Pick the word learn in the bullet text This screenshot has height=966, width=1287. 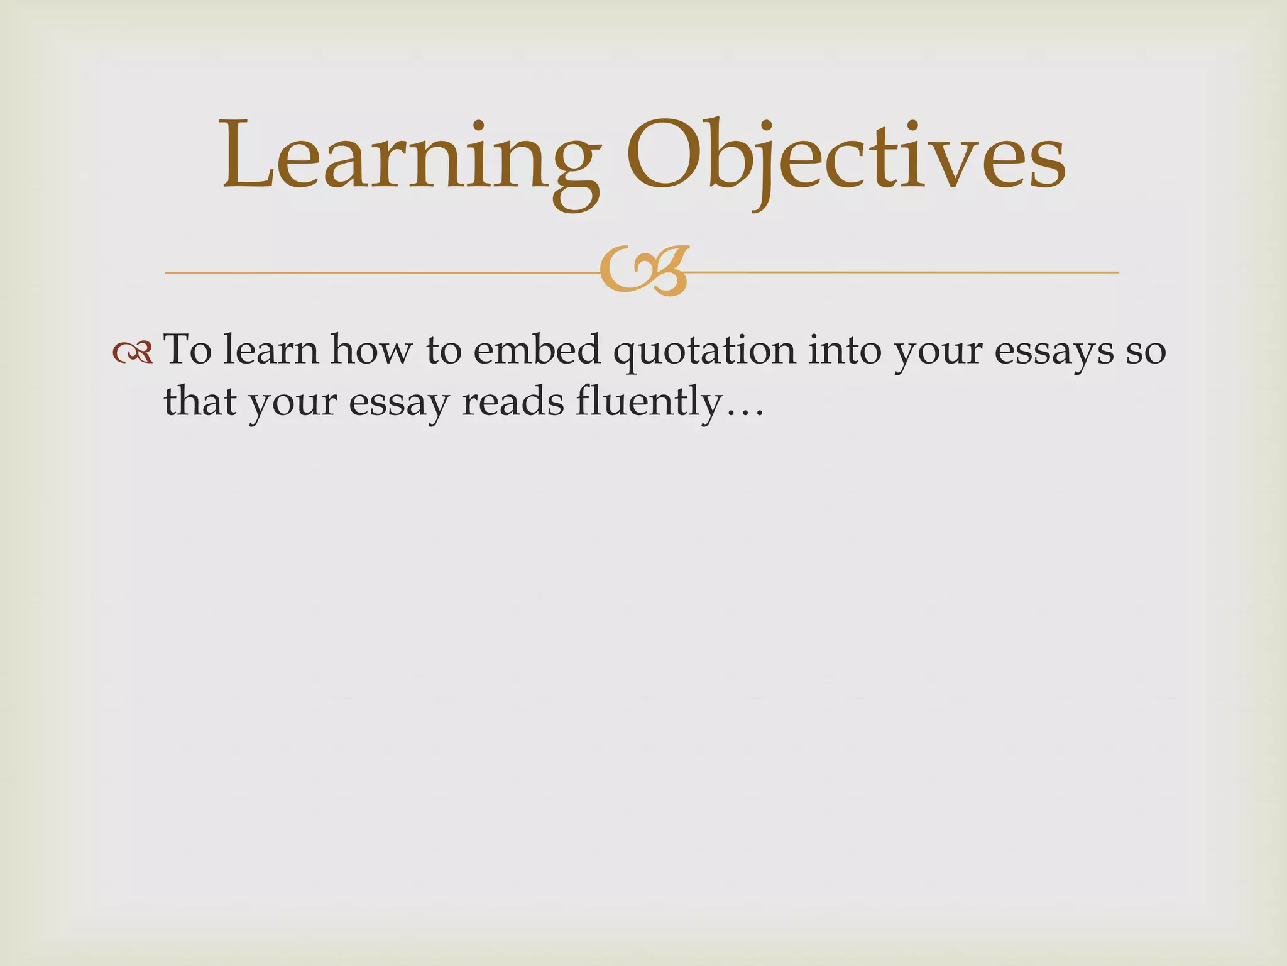click(271, 350)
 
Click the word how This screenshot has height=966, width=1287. click(371, 350)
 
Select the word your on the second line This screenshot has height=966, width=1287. click(292, 405)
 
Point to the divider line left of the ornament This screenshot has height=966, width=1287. click(377, 273)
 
